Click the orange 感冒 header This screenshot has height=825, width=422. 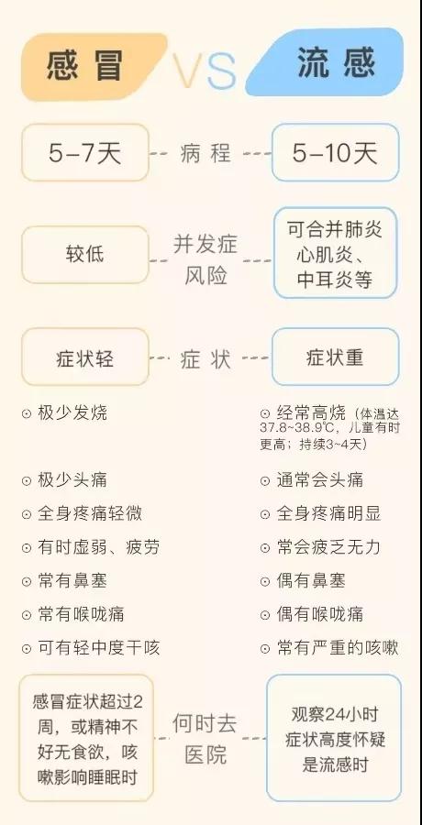tap(92, 66)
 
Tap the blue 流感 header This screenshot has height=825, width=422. tap(328, 63)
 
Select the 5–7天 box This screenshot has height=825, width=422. tap(85, 152)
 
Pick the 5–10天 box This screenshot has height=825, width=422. tap(335, 152)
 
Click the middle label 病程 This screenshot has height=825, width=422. tap(205, 153)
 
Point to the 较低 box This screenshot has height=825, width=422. tap(85, 255)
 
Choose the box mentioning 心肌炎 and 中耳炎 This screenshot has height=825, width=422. tap(335, 253)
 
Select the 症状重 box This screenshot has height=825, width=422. tap(335, 357)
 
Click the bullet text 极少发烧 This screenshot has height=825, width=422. tap(72, 413)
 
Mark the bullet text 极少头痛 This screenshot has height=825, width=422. tap(72, 479)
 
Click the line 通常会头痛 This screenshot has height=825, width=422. tap(320, 479)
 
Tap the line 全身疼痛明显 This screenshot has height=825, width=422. tap(328, 513)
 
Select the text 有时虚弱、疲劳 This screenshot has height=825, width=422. tap(98, 547)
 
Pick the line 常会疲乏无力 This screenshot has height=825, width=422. tap(328, 547)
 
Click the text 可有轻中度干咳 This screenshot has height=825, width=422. tap(98, 648)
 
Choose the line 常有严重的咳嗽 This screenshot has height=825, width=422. tap(338, 648)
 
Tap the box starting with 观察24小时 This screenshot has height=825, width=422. tap(334, 738)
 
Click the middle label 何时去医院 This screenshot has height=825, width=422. tap(205, 739)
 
